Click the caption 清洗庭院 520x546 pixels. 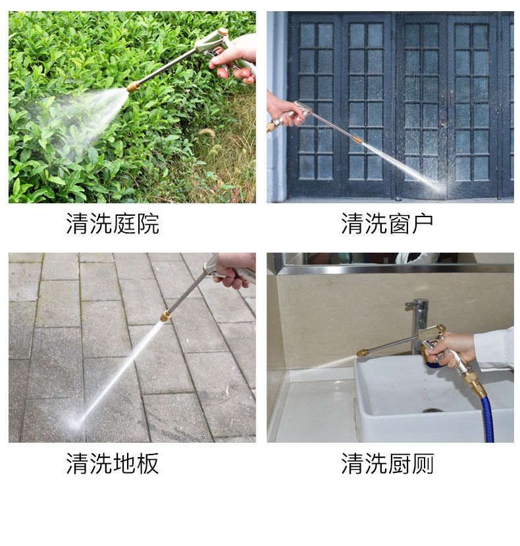pyautogui.click(x=113, y=223)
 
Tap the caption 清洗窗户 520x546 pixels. pyautogui.click(x=387, y=223)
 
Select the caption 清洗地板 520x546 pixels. pyautogui.click(x=113, y=464)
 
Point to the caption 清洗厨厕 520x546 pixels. pyautogui.click(x=387, y=464)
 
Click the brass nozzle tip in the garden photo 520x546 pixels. pyautogui.click(x=133, y=86)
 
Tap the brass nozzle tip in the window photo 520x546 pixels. pyautogui.click(x=357, y=139)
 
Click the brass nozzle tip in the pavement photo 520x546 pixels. pyautogui.click(x=166, y=316)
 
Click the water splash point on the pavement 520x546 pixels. pyautogui.click(x=76, y=423)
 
